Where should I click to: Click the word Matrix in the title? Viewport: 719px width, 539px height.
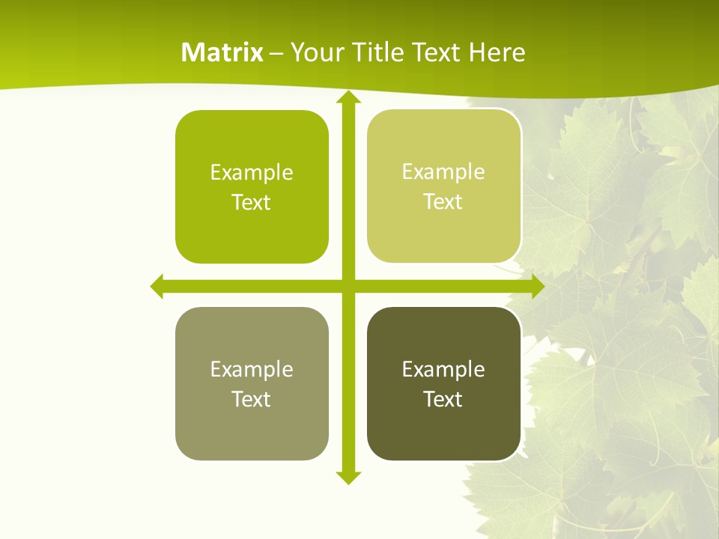222,52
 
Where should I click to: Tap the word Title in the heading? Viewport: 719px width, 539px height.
380,52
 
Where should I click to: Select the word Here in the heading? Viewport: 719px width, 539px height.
497,52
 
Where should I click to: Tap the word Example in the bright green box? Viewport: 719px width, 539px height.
252,173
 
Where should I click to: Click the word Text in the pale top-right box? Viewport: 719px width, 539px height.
443,202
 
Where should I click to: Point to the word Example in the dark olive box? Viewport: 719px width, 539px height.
443,369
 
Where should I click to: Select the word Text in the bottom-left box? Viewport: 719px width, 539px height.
252,399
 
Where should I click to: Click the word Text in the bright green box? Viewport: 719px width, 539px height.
252,203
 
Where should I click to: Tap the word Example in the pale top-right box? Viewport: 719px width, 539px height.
443,172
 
